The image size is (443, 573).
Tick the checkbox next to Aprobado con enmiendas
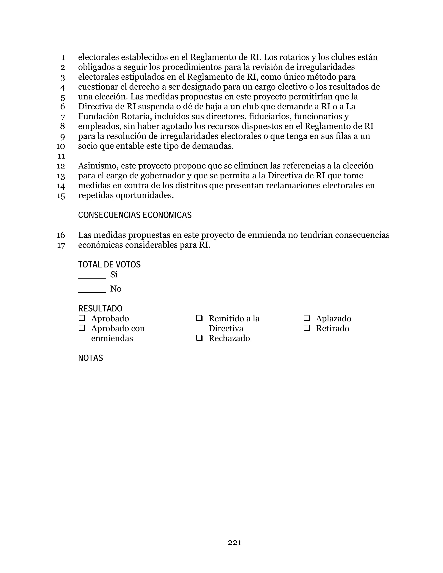point(82,328)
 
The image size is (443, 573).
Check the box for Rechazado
point(199,338)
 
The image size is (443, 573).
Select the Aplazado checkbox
point(307,318)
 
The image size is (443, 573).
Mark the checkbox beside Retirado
point(307,328)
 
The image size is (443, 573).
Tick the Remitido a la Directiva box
point(199,318)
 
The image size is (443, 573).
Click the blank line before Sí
point(92,278)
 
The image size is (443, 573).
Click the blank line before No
point(92,292)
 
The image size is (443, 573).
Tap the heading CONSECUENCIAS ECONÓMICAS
point(135,215)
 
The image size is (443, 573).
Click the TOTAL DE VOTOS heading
point(109,264)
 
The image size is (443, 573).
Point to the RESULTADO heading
point(100,309)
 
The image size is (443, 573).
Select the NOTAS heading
point(91,358)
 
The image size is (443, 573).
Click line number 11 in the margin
point(61,156)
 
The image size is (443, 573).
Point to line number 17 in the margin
point(61,246)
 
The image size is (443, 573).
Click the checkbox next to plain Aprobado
point(82,318)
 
